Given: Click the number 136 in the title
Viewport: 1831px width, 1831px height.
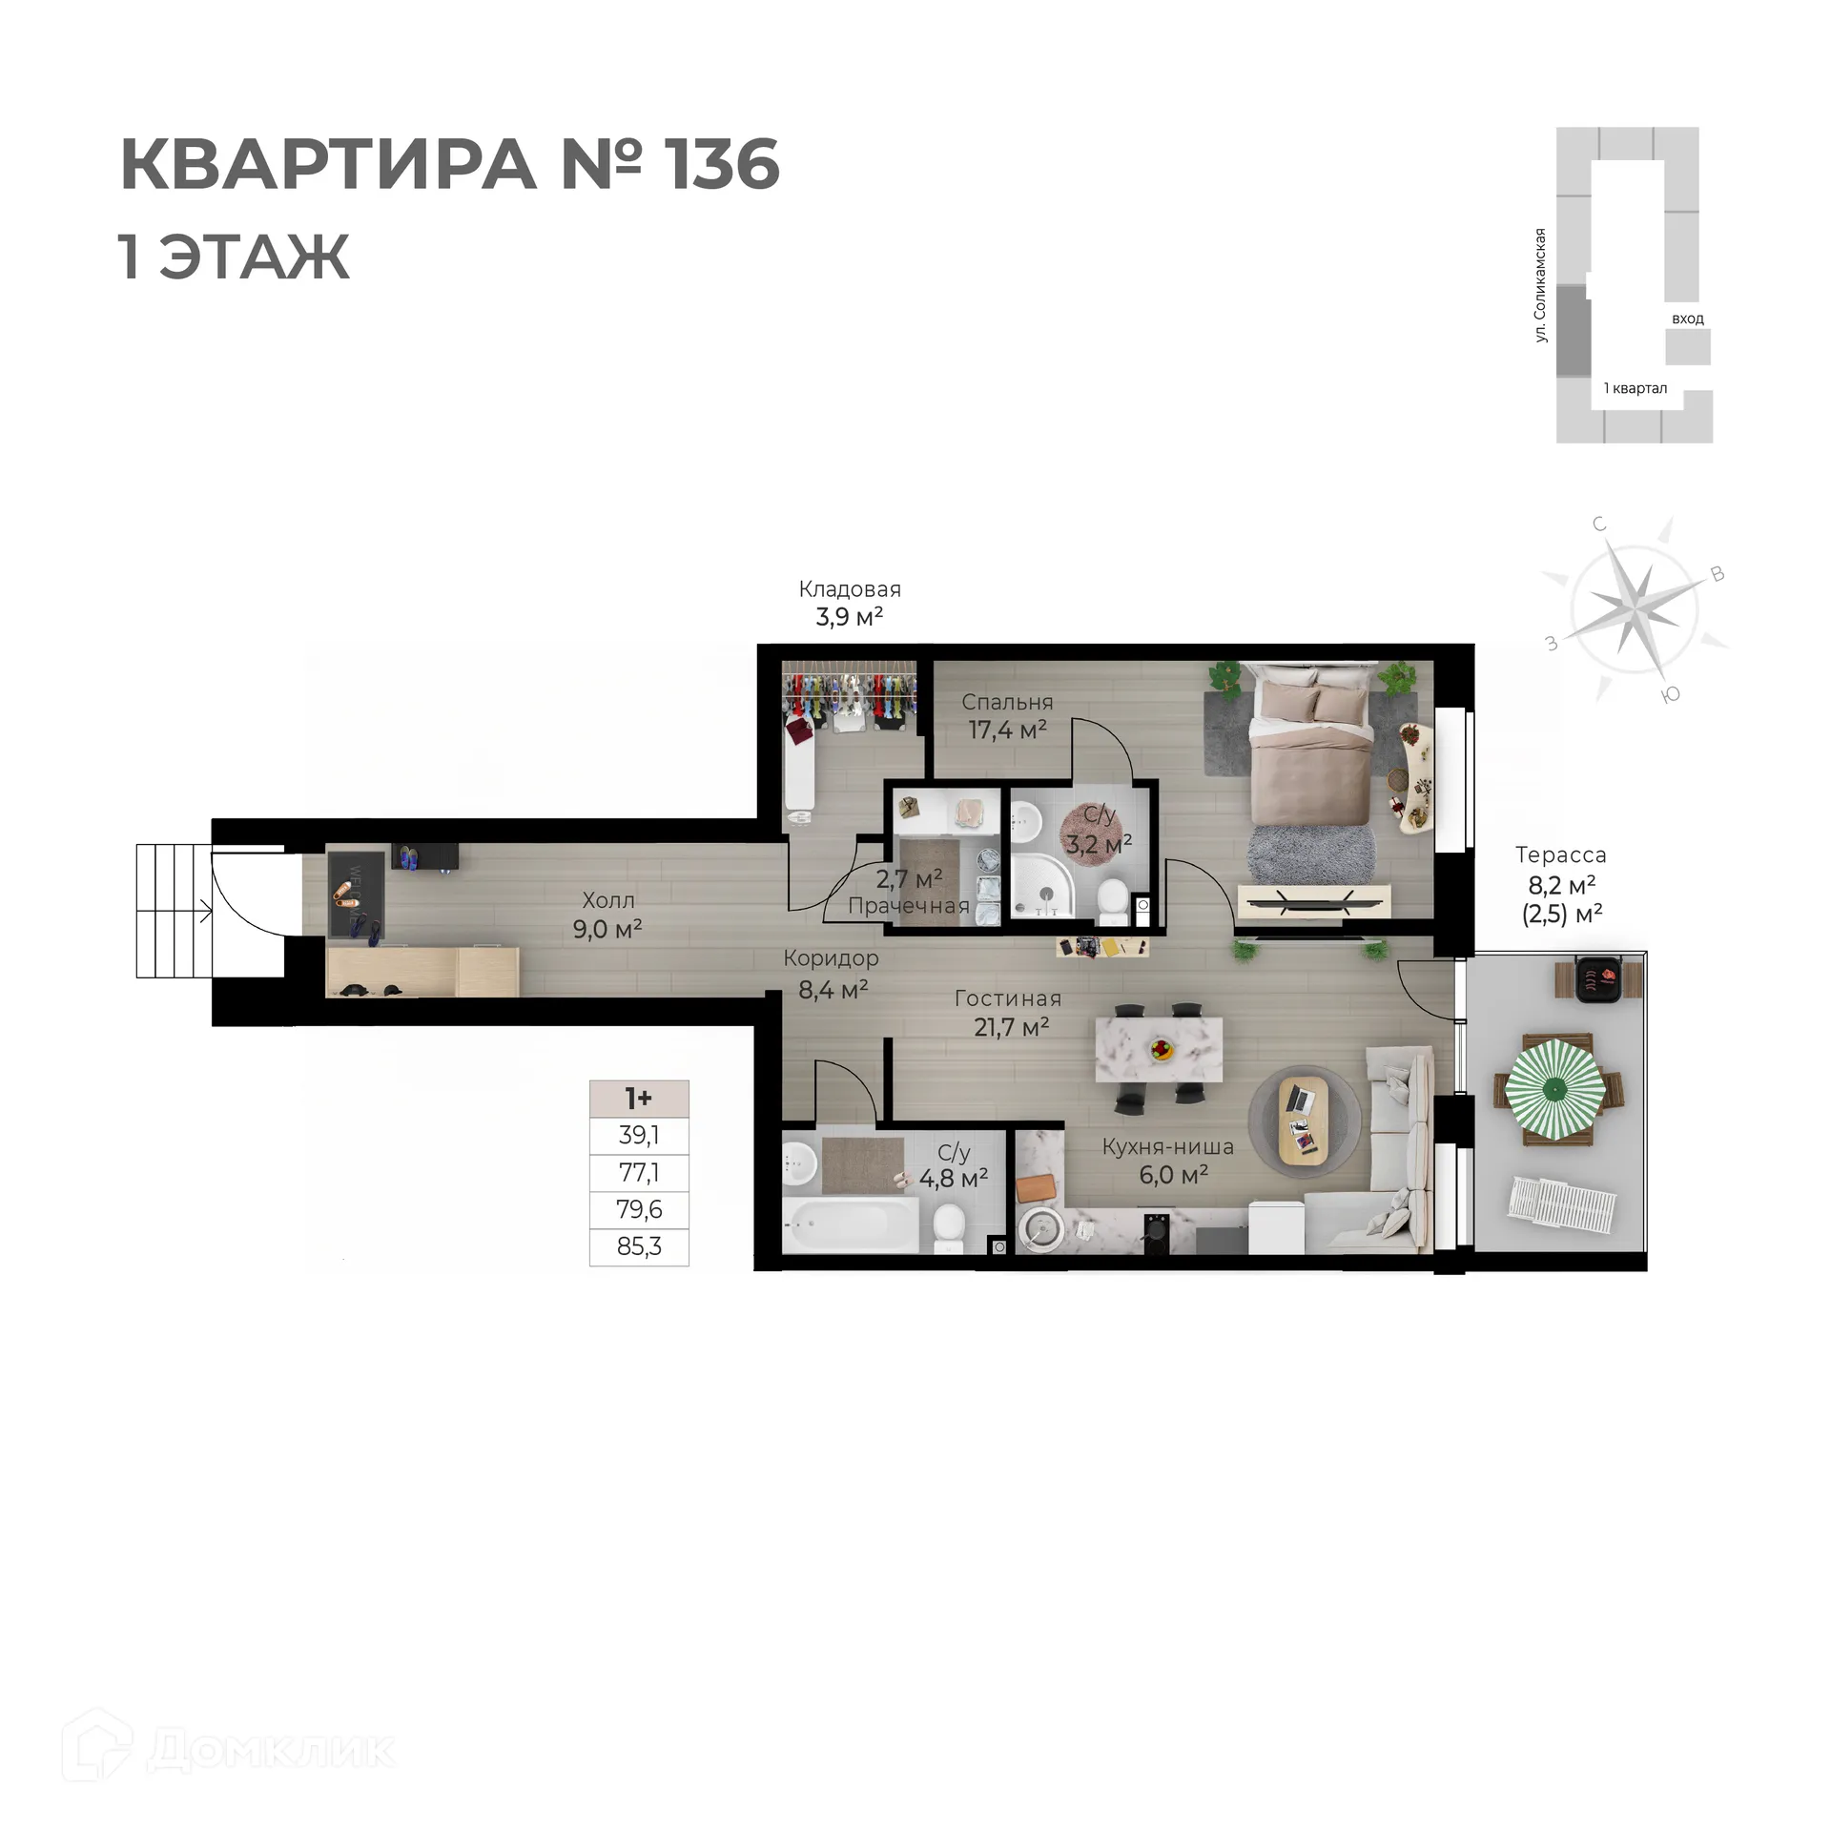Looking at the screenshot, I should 722,165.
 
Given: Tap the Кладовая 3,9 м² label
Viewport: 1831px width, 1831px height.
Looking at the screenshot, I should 849,603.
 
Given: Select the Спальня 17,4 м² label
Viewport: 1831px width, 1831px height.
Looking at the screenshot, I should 1007,716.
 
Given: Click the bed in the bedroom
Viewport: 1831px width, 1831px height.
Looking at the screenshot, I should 1312,763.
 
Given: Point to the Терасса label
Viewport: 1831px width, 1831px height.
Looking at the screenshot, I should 1560,855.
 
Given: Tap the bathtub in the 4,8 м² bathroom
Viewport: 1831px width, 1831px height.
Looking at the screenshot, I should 850,1225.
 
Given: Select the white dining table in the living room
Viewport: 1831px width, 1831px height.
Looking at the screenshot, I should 1159,1050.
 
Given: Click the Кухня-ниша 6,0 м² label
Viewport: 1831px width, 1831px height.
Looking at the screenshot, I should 1167,1161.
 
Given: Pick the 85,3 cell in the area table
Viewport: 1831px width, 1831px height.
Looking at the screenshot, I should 639,1246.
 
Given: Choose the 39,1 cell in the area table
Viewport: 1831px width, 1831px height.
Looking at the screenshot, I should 639,1135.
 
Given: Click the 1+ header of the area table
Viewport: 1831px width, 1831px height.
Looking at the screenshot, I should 639,1099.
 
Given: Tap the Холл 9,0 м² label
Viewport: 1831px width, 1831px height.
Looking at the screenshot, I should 607,915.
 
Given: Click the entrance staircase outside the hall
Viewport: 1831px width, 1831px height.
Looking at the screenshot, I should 172,911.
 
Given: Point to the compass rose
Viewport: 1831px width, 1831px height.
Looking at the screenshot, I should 1635,607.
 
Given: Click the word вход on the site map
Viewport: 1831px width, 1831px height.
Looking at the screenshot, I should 1687,319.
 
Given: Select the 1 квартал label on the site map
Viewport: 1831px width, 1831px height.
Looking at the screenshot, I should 1635,388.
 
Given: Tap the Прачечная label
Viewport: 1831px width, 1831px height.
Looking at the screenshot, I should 908,906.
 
